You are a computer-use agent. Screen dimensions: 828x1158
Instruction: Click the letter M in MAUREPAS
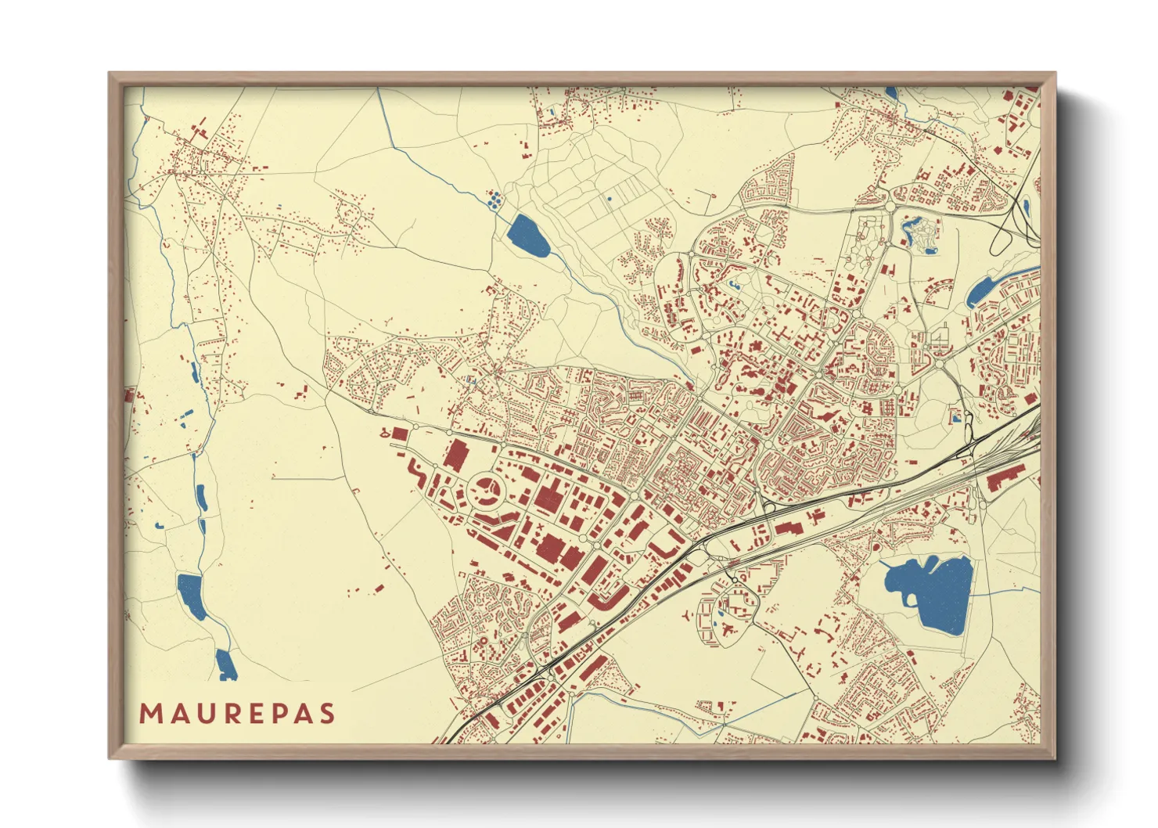[x=151, y=714]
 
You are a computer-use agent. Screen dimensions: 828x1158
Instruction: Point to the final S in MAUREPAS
[x=327, y=714]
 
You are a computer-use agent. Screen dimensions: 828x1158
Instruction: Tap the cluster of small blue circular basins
[x=494, y=200]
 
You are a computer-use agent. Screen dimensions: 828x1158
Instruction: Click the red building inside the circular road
[x=487, y=490]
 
